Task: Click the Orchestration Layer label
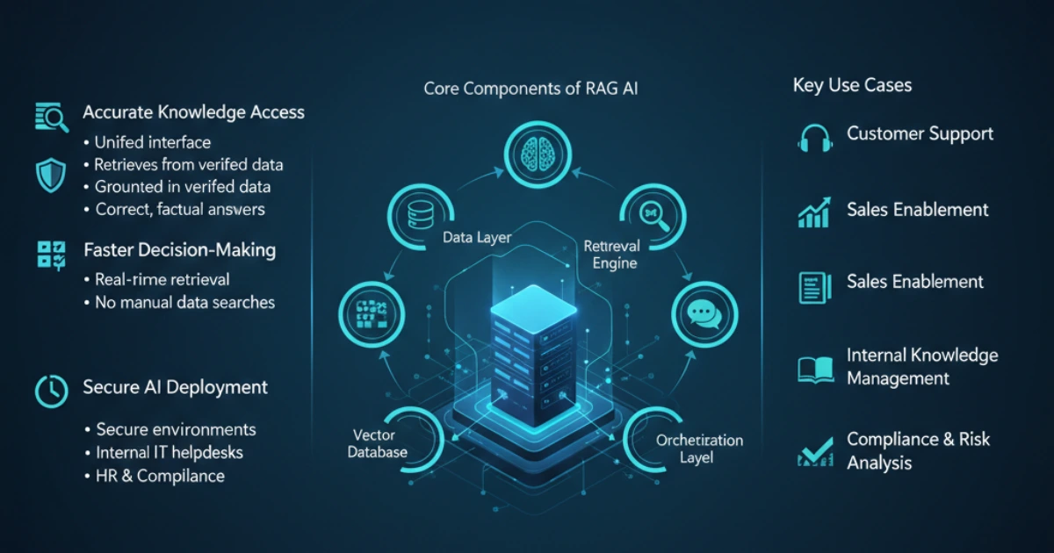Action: (699, 449)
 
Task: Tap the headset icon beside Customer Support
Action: (814, 138)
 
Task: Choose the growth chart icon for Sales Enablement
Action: (814, 212)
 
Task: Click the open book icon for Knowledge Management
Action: (815, 369)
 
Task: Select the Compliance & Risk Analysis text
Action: (918, 450)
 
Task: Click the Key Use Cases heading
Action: (852, 85)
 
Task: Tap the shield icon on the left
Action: (50, 175)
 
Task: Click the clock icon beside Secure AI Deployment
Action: (51, 391)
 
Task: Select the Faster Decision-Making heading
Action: (179, 250)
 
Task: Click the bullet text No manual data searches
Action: (184, 303)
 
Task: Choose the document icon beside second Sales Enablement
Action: (814, 287)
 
